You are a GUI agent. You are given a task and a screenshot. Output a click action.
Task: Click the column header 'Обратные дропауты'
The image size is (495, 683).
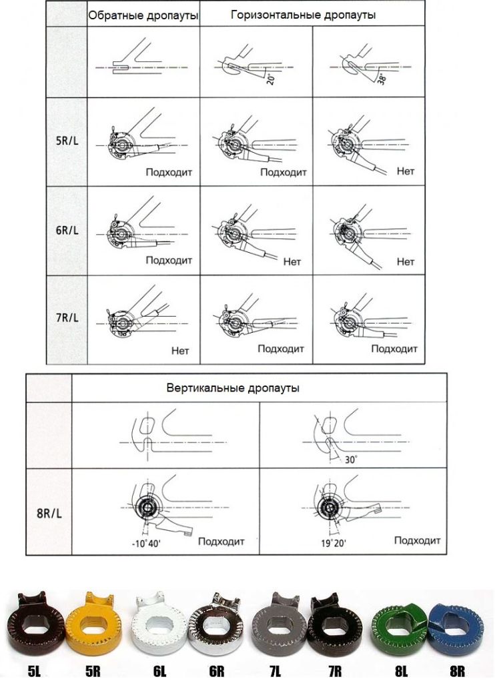point(144,15)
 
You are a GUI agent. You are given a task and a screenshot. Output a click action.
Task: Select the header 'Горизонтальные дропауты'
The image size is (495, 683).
point(304,14)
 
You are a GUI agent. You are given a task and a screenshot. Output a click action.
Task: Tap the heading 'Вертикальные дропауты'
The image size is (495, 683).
point(233,388)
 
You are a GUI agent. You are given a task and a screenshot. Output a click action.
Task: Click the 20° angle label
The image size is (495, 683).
point(268,79)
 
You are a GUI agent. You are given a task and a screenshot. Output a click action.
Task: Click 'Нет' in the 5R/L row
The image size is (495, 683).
point(406,171)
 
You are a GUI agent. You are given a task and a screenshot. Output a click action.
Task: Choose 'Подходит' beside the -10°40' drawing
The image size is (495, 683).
point(221,542)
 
